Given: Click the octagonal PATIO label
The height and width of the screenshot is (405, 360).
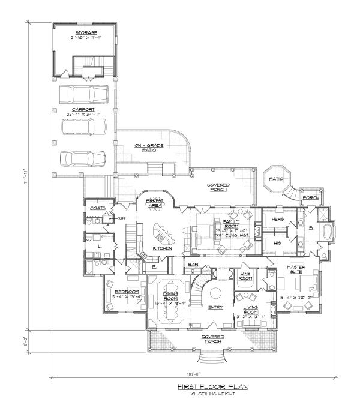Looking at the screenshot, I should [x=275, y=178].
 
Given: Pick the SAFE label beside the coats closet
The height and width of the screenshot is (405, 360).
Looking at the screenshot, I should [x=121, y=218].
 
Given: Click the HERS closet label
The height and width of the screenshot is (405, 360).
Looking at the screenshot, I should [x=277, y=220].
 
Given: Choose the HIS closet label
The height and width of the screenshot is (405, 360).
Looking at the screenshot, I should [x=277, y=244].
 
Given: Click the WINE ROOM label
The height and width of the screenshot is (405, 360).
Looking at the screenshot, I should [x=244, y=276].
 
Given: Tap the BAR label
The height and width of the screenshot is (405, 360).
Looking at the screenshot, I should [x=193, y=264].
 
